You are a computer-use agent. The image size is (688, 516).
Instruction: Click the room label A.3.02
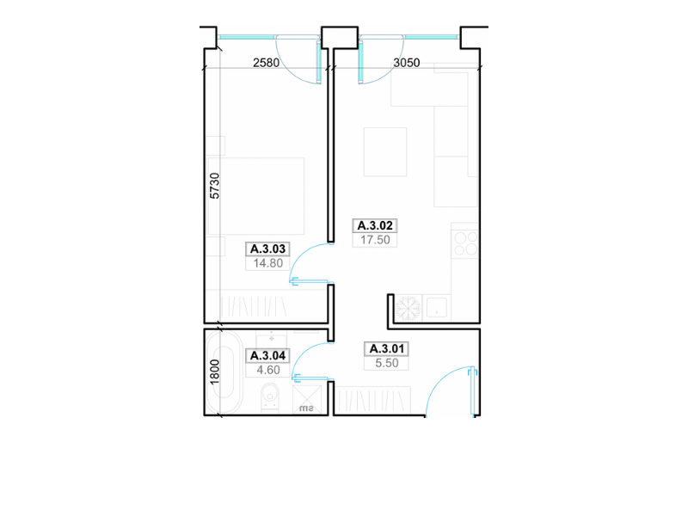(375, 225)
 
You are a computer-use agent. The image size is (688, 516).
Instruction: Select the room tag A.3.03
(267, 249)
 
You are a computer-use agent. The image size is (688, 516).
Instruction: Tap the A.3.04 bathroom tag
(267, 355)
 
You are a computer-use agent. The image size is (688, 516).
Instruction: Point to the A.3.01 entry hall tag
(386, 349)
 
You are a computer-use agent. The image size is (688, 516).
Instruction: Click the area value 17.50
(375, 240)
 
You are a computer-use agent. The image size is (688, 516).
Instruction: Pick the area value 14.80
(267, 263)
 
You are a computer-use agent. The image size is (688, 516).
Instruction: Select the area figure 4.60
(268, 370)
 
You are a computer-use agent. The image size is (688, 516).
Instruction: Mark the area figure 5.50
(386, 363)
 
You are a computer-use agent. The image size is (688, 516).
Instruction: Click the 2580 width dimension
(266, 63)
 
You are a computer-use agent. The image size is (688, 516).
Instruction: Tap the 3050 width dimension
(406, 63)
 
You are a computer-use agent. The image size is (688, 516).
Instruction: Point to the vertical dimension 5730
(214, 186)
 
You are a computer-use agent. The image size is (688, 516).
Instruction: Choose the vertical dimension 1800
(214, 372)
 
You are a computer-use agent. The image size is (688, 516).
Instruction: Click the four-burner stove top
(465, 243)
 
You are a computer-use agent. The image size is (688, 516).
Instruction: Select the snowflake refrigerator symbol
(408, 308)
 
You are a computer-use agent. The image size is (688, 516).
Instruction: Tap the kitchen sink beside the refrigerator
(437, 307)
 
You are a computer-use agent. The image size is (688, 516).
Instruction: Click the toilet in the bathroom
(270, 398)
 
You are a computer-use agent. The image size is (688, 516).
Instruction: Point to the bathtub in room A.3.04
(224, 372)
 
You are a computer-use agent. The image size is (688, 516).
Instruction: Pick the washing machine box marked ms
(307, 400)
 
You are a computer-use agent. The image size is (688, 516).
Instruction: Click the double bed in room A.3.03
(255, 196)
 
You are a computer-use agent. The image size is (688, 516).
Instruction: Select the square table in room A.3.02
(385, 152)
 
